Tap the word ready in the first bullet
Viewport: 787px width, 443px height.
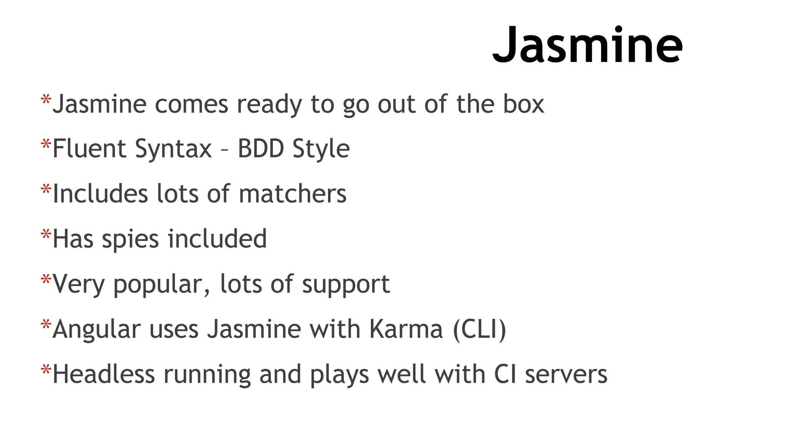point(269,105)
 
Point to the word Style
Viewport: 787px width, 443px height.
point(321,149)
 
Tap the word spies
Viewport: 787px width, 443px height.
point(130,240)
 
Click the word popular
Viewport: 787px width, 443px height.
point(162,285)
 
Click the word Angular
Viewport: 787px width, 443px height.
point(96,330)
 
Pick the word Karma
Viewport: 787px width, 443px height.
point(406,329)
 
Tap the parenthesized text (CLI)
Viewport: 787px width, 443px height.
point(479,329)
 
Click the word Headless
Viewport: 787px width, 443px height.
point(103,374)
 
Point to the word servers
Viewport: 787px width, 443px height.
point(566,375)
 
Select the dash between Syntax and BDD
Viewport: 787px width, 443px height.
point(224,150)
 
